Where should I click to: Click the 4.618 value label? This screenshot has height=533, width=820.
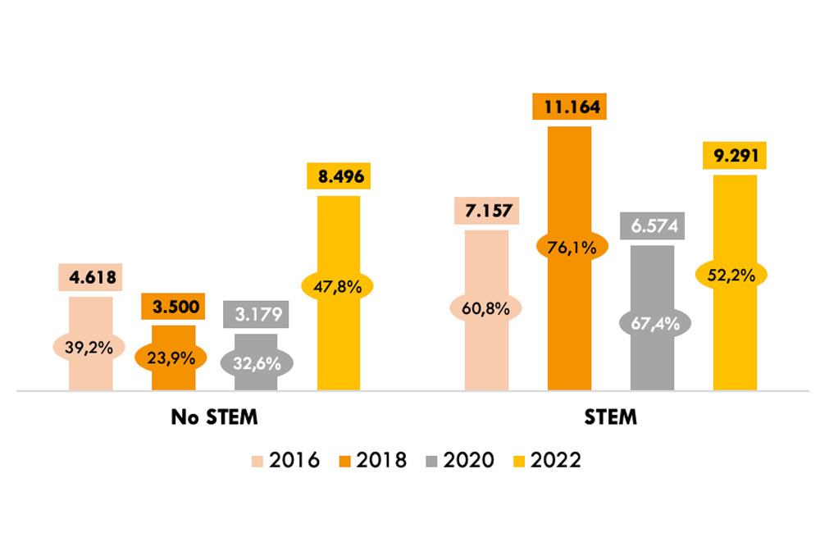click(90, 276)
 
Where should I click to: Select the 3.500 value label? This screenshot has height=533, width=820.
click(173, 307)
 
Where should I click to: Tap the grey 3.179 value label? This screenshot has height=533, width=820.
click(256, 314)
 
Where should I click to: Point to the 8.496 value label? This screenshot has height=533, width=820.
click(339, 176)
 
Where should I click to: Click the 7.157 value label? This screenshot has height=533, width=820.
click(486, 211)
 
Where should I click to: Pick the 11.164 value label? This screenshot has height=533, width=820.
click(569, 107)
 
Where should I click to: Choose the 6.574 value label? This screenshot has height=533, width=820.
click(653, 225)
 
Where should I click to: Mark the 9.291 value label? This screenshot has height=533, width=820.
click(735, 156)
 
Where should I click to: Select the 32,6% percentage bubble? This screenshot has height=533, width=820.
click(256, 362)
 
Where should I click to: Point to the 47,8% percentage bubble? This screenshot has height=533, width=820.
click(338, 286)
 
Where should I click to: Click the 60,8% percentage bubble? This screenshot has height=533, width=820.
click(486, 309)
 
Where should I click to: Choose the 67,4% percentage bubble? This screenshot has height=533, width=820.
click(653, 323)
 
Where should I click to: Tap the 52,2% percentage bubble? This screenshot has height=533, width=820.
click(735, 274)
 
